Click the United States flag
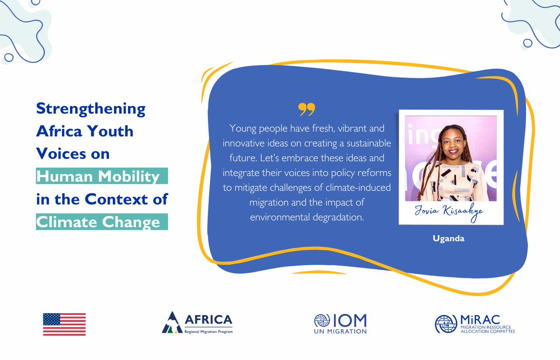tap(64, 324)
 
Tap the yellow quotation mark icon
tap(307, 110)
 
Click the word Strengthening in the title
tap(91, 109)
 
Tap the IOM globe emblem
tap(322, 321)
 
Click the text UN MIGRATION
tap(340, 331)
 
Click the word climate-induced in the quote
tap(362, 188)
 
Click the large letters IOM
tap(350, 320)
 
